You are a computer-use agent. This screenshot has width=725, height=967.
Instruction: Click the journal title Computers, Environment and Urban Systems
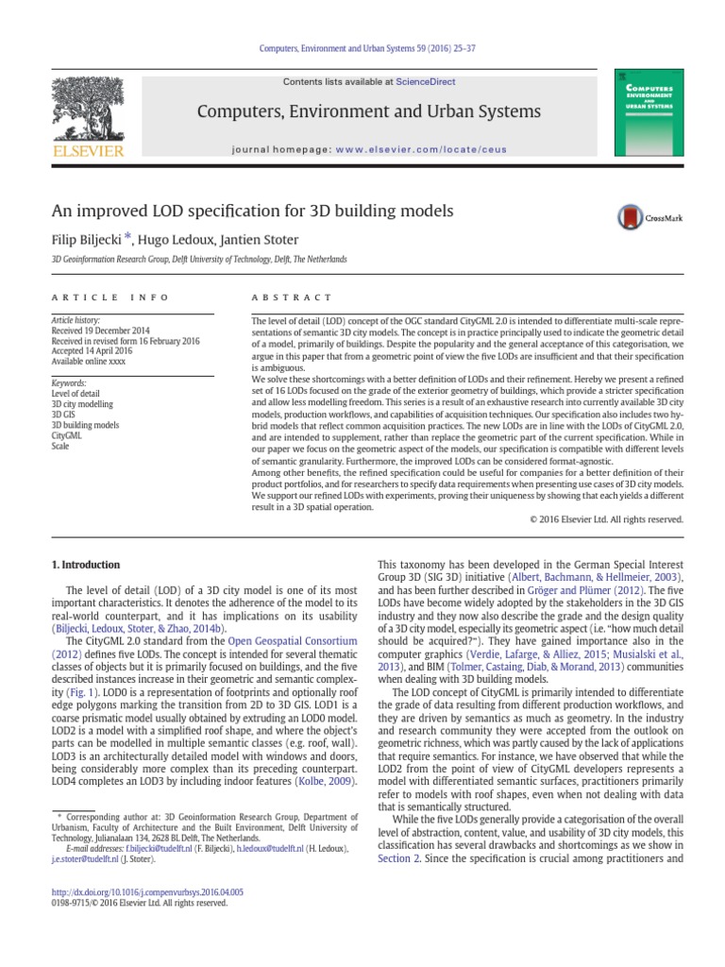point(369,112)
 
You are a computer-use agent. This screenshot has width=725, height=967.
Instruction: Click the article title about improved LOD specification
point(252,211)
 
